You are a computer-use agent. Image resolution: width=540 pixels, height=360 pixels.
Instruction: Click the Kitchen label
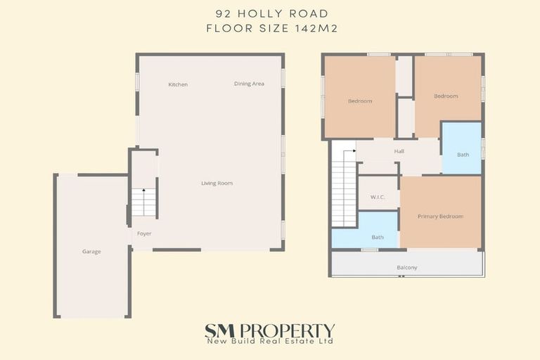pos(178,84)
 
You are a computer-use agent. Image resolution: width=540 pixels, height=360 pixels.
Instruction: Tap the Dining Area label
pos(249,84)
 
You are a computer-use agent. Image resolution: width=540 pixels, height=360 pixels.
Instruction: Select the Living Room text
pos(217,184)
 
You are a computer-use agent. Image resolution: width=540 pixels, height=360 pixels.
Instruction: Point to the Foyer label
pos(144,233)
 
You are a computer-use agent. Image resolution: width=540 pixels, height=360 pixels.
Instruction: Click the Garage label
pos(91,251)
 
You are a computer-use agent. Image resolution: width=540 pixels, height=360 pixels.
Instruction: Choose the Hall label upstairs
pos(399,151)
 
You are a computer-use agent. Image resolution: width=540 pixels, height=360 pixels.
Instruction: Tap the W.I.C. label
pos(378,197)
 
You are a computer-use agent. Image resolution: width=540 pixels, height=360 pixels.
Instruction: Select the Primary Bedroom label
pos(440,217)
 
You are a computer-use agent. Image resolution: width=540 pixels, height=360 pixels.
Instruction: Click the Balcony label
pos(406,267)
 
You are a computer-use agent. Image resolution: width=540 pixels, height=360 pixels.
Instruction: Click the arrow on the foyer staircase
pos(143,192)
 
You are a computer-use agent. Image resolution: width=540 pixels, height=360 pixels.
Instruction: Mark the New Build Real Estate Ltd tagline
pos(269,342)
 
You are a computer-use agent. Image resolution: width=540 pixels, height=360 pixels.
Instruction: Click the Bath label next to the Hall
pos(463,154)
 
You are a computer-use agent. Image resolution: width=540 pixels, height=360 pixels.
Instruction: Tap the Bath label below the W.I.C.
pos(378,237)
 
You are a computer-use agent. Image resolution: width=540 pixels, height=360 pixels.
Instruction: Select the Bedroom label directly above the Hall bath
pos(446,96)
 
